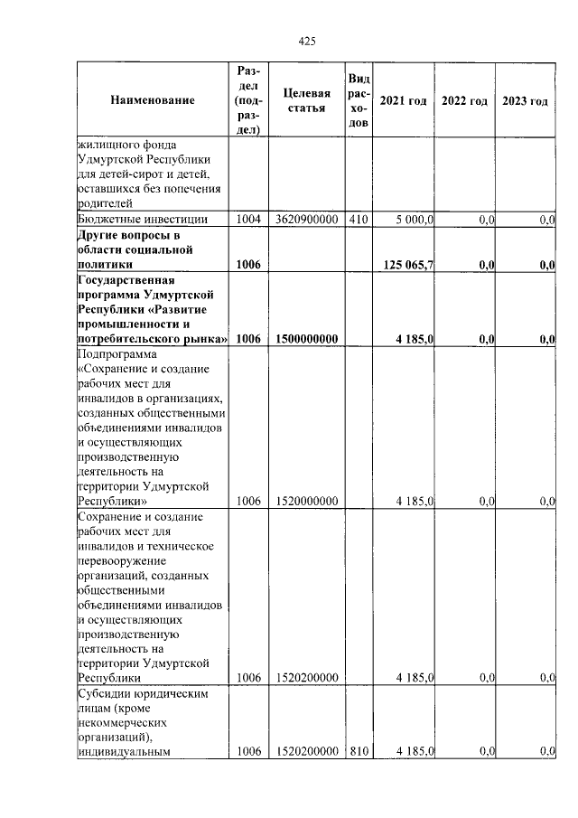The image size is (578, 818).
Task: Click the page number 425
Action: (306, 40)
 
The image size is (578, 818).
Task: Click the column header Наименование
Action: (153, 100)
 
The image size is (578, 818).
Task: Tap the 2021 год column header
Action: (403, 100)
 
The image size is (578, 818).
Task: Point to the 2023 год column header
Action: (525, 100)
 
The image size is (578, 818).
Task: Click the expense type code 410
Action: (359, 220)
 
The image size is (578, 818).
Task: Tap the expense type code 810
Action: (359, 751)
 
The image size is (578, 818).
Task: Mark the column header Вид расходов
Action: (359, 100)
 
